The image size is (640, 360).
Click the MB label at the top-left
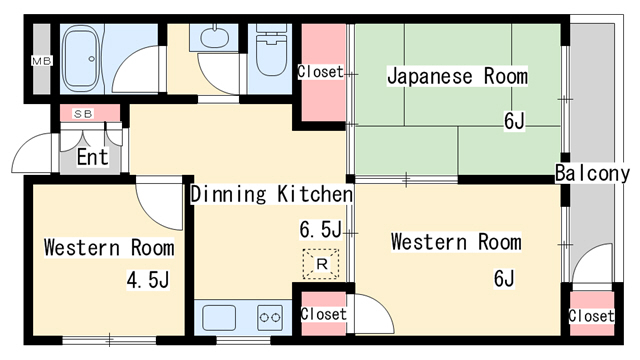(40, 61)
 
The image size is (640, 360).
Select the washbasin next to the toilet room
(214, 41)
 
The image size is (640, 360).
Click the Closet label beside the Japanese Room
(320, 72)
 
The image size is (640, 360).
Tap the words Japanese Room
(457, 76)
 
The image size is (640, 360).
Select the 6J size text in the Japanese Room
(514, 122)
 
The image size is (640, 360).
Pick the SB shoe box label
(83, 114)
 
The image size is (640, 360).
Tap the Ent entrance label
(92, 157)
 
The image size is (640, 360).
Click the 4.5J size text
(146, 279)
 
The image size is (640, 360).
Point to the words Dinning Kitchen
(271, 194)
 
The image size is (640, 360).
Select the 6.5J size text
(320, 231)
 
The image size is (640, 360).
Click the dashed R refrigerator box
(321, 264)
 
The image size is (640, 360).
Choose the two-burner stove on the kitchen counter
(269, 318)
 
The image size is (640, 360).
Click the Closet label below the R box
(323, 314)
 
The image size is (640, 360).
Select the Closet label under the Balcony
(590, 316)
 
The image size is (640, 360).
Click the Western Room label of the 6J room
(455, 242)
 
